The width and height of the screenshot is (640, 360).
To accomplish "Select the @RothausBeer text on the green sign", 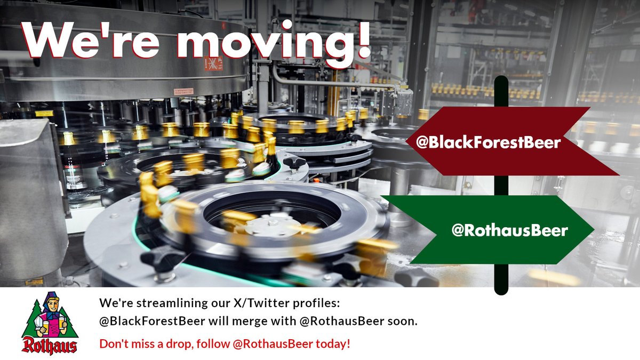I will (510, 230).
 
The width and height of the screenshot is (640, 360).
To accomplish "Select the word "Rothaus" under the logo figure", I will (50, 345).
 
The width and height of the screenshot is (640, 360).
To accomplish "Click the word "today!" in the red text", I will (333, 343).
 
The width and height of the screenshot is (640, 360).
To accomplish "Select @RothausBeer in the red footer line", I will (272, 343).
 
